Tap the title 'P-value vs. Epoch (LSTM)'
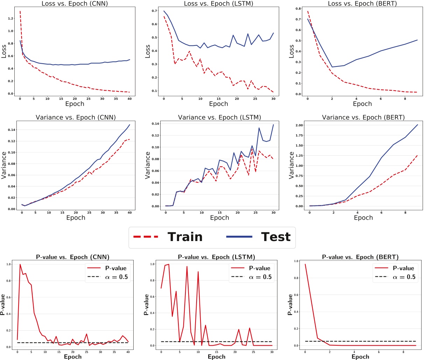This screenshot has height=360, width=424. (x=217, y=257)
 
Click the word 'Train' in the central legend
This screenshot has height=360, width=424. (x=185, y=237)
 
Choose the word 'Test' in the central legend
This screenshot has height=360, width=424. (x=276, y=237)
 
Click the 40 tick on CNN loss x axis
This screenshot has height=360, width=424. (x=129, y=99)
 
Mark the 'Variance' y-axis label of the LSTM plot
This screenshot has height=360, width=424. (x=147, y=165)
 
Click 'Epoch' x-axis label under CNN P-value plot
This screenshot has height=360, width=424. (x=73, y=357)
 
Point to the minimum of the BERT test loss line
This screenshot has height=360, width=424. (x=332, y=67)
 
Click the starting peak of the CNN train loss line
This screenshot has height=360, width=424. (x=20, y=12)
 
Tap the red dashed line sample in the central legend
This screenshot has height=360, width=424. (x=146, y=237)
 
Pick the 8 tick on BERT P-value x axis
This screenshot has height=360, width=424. (x=404, y=351)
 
